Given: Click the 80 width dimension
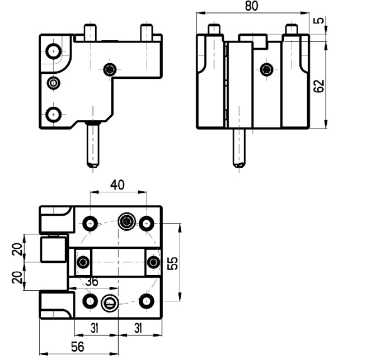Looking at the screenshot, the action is click(x=252, y=6).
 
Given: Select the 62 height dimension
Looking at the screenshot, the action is click(x=319, y=86).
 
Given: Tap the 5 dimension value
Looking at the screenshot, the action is click(x=319, y=20).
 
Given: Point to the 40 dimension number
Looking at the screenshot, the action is click(x=118, y=185).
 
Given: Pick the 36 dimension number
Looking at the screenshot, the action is click(x=92, y=282).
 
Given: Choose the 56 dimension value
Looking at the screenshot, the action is click(x=78, y=347).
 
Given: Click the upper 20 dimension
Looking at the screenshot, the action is click(x=17, y=249).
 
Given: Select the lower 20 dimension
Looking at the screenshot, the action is click(x=17, y=277).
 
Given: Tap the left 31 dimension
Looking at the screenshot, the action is click(x=95, y=328).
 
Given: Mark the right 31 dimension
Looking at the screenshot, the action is click(x=138, y=328).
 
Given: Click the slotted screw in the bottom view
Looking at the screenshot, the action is click(x=110, y=302).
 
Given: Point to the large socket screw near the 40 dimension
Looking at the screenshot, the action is click(x=127, y=221).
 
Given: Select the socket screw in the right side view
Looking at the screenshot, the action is click(x=267, y=70).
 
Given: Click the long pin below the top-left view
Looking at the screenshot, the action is click(x=93, y=145).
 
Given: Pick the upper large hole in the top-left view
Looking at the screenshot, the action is click(x=54, y=51).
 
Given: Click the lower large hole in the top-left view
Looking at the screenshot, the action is click(x=53, y=115).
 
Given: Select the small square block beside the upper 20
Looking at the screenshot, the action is click(x=54, y=249).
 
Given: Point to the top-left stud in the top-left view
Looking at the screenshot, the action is click(x=90, y=32).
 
